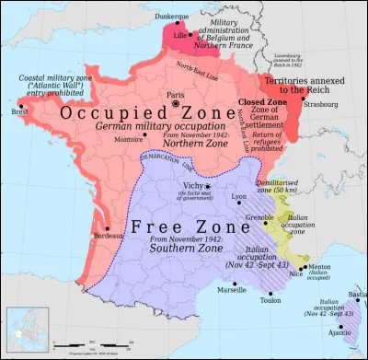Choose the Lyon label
tap(240, 196)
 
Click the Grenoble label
tap(259, 217)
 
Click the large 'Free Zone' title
tap(170, 226)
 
